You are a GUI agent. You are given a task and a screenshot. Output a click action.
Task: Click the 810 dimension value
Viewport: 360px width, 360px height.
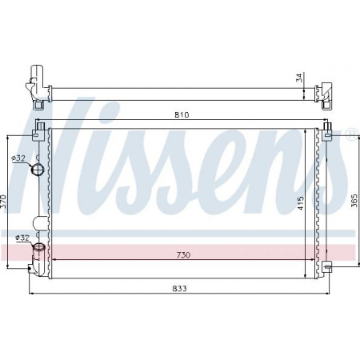182,115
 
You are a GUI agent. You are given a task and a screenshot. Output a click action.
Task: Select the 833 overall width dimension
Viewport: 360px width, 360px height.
179,288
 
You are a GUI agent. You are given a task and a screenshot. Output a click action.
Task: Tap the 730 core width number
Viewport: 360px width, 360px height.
183,255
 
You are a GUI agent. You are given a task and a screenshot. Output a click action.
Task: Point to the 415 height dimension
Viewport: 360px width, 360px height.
301,203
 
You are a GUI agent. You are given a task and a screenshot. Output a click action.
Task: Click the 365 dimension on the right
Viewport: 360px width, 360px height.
354,201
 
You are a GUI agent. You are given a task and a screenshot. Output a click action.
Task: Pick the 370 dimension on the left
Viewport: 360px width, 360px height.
3,203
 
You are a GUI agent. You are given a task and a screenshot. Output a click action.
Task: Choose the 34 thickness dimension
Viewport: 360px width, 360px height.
299,78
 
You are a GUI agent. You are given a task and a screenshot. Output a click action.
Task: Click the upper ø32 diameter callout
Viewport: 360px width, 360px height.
18,158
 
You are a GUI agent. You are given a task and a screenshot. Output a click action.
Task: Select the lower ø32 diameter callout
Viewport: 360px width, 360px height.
22,238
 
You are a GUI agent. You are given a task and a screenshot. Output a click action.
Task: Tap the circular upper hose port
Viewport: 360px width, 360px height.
37,169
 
